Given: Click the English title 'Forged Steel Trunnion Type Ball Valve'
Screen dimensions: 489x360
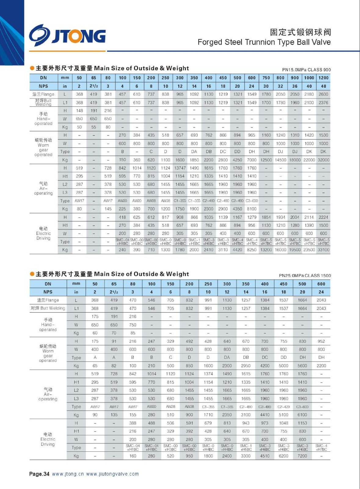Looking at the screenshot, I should [x=264, y=42].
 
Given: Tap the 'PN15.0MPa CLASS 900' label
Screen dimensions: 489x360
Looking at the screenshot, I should [x=306, y=70].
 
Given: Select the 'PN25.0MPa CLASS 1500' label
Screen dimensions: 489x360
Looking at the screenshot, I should [x=305, y=275].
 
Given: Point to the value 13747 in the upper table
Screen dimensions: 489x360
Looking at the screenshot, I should [x=180, y=168].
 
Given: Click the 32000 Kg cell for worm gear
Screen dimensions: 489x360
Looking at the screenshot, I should [x=323, y=160].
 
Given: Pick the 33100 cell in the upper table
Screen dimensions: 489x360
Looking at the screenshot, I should [x=323, y=250].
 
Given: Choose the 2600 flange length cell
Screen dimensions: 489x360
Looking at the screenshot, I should [x=323, y=94].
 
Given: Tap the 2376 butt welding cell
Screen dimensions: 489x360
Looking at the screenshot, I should [x=323, y=103].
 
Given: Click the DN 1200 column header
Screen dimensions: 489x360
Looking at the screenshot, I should [x=323, y=78].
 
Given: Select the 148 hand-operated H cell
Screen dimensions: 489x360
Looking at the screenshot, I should [x=79, y=111].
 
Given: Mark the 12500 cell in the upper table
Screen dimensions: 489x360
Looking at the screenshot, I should [x=266, y=160].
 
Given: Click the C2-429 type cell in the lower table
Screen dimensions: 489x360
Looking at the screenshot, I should [x=283, y=407].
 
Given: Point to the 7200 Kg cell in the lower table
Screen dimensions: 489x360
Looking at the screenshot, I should [x=302, y=456].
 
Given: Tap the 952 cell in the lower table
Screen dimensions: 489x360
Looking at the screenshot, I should [x=321, y=341].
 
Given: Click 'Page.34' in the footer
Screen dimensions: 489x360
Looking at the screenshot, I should [x=39, y=474].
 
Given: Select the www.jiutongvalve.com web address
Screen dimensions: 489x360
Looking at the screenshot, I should [x=112, y=474].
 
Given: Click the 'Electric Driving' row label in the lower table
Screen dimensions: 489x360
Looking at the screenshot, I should [x=48, y=439].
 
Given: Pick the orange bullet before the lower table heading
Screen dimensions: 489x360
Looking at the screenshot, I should [x=32, y=274].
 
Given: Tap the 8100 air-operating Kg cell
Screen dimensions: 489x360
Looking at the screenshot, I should [x=252, y=209].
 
